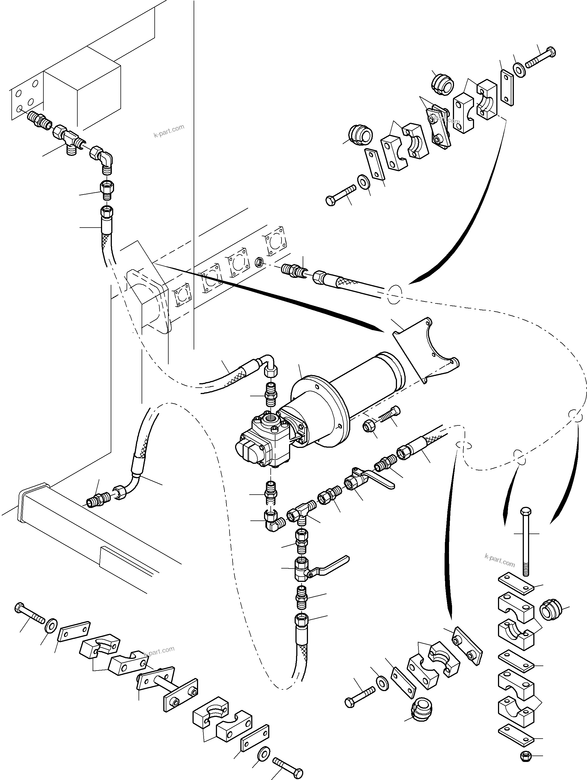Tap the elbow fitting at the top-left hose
(x=104, y=159)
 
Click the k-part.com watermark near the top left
(x=169, y=131)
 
